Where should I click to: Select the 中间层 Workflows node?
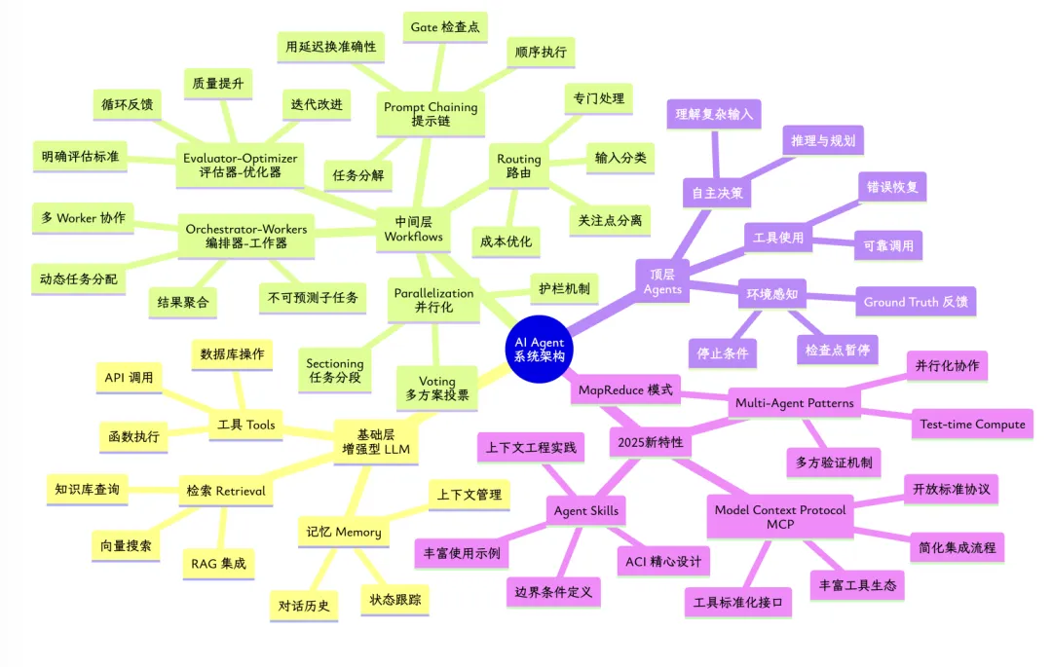click(x=414, y=229)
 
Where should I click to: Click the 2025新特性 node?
click(x=651, y=442)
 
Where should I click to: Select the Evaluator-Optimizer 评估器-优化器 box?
click(x=240, y=165)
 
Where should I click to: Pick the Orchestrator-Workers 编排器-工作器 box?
click(x=245, y=237)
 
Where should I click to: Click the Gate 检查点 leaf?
click(x=446, y=26)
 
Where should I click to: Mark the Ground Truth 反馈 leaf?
click(x=915, y=302)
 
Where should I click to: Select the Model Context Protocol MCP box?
click(x=780, y=518)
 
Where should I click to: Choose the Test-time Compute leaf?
click(x=972, y=424)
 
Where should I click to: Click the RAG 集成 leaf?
click(x=214, y=562)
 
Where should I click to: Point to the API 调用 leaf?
click(x=129, y=377)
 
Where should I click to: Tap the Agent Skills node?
click(x=585, y=510)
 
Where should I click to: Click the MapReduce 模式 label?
click(x=623, y=390)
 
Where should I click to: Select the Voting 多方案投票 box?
click(x=437, y=388)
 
